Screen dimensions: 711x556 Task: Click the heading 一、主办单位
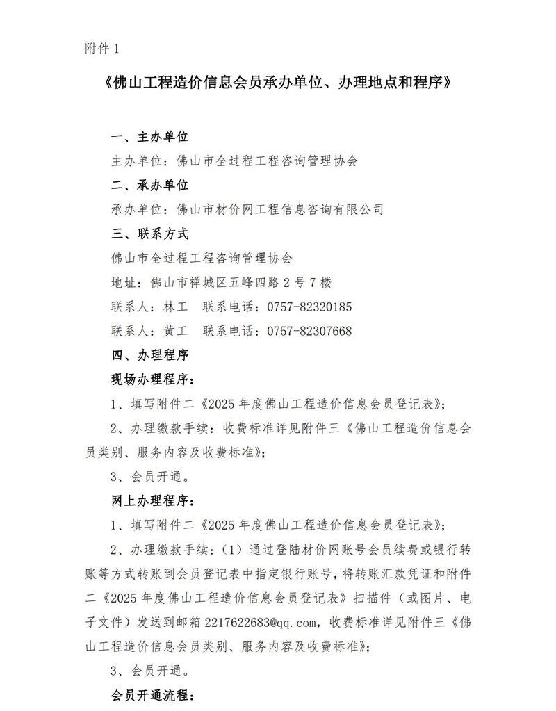pos(150,137)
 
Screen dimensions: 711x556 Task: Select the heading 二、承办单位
pos(150,186)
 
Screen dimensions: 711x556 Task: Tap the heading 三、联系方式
pos(150,234)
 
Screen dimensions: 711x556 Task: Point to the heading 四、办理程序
pos(150,355)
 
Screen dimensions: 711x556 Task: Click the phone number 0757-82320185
pos(309,307)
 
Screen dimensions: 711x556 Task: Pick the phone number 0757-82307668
pos(309,331)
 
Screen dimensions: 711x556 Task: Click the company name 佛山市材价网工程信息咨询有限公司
pos(280,209)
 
